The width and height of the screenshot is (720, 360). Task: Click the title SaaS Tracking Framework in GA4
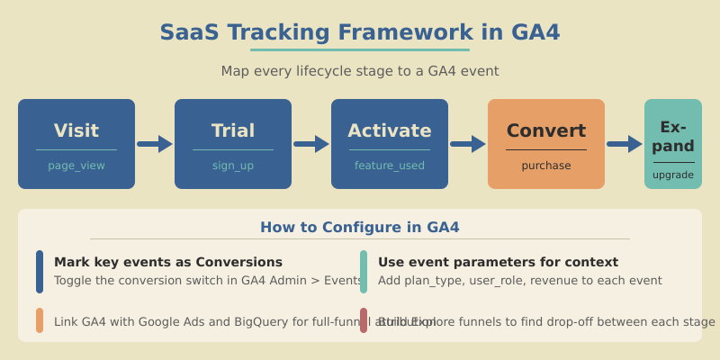[x=360, y=32]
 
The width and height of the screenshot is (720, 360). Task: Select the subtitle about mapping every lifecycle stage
[x=360, y=71]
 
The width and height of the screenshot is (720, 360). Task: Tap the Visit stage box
[x=76, y=144]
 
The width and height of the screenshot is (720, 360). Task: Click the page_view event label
[x=76, y=166]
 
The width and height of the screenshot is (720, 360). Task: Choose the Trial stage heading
[x=233, y=130]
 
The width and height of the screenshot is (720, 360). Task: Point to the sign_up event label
[x=233, y=166]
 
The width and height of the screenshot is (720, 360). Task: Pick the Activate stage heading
[x=390, y=130]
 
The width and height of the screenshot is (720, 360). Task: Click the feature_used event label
[x=390, y=166]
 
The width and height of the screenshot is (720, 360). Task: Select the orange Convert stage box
[x=546, y=144]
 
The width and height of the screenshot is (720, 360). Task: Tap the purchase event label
[x=546, y=166]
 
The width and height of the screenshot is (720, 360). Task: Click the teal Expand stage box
[x=673, y=144]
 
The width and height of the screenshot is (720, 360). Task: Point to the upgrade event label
[x=673, y=175]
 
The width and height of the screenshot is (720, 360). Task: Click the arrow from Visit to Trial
[x=155, y=144]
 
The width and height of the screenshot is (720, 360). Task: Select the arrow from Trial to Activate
[x=311, y=144]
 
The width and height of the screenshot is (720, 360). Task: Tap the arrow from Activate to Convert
[x=468, y=144]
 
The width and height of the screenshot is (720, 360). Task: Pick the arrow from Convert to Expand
[x=625, y=144]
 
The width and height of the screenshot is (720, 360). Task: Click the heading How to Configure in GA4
[x=360, y=228]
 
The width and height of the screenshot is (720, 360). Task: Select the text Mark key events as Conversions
[x=168, y=262]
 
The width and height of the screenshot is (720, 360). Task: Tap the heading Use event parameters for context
[x=498, y=262]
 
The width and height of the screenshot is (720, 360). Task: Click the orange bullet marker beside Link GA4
[x=40, y=320]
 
